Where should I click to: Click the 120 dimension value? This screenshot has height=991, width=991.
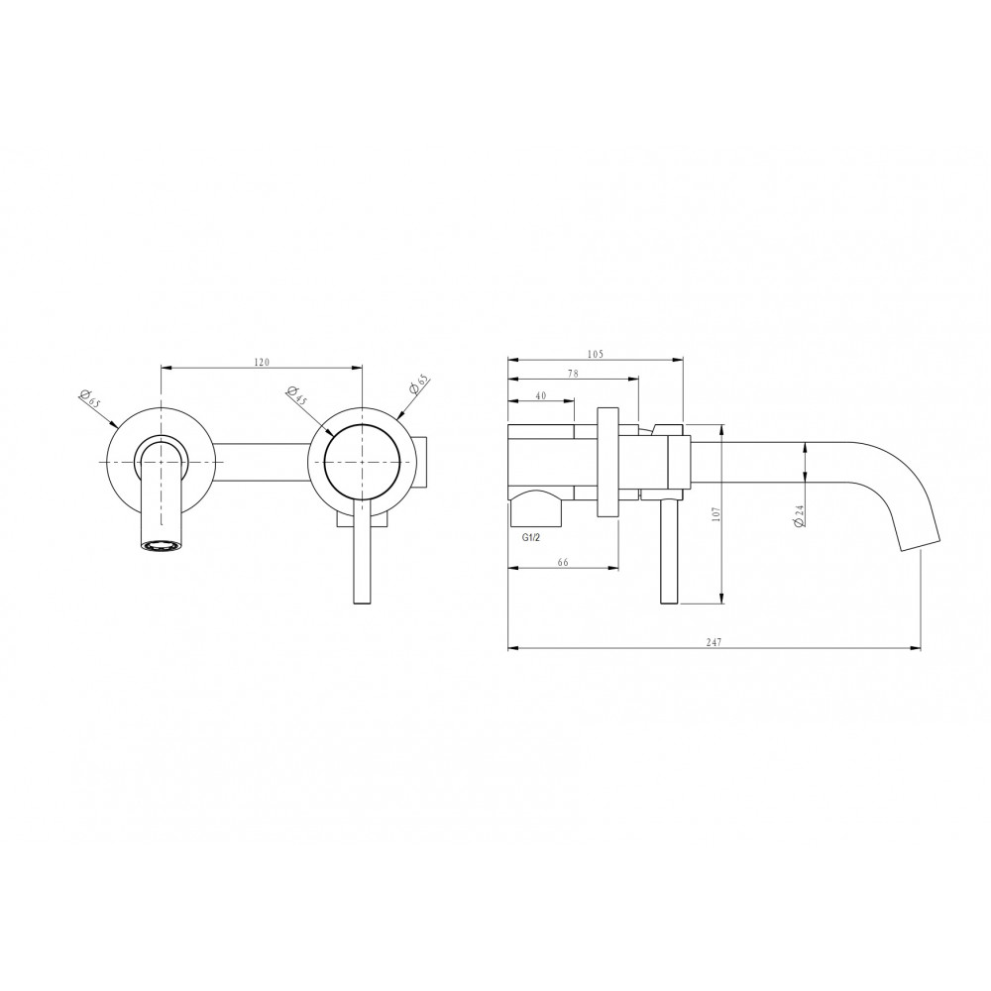pyautogui.click(x=262, y=362)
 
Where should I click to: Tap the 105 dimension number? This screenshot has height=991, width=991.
pyautogui.click(x=596, y=354)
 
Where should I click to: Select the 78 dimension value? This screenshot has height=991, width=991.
pyautogui.click(x=573, y=374)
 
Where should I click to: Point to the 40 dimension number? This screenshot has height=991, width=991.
pyautogui.click(x=541, y=395)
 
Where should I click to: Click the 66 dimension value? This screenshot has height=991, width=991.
pyautogui.click(x=564, y=562)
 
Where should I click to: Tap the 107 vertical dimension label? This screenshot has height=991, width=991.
pyautogui.click(x=716, y=513)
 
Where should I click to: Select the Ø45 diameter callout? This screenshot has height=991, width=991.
pyautogui.click(x=297, y=396)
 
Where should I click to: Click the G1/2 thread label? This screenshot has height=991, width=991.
pyautogui.click(x=531, y=538)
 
